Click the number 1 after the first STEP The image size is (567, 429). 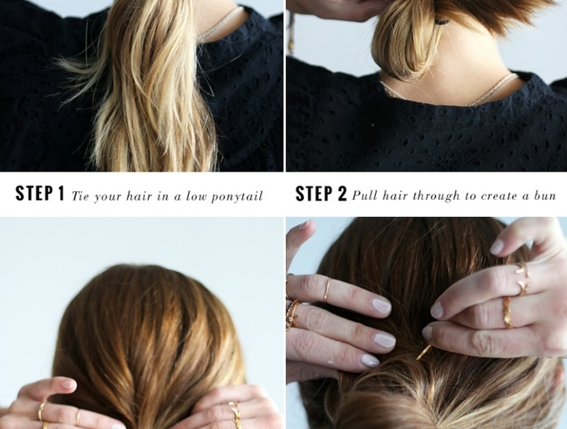pyautogui.click(x=60, y=193)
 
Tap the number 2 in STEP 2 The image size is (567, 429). pyautogui.click(x=342, y=193)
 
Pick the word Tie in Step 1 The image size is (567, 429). pyautogui.click(x=79, y=196)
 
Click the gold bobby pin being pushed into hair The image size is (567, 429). pyautogui.click(x=424, y=352)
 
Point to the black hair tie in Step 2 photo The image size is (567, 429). pyautogui.click(x=442, y=22)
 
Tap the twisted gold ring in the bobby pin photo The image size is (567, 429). pyautogui.click(x=507, y=312)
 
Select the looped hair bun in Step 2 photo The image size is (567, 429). pyautogui.click(x=402, y=44)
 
